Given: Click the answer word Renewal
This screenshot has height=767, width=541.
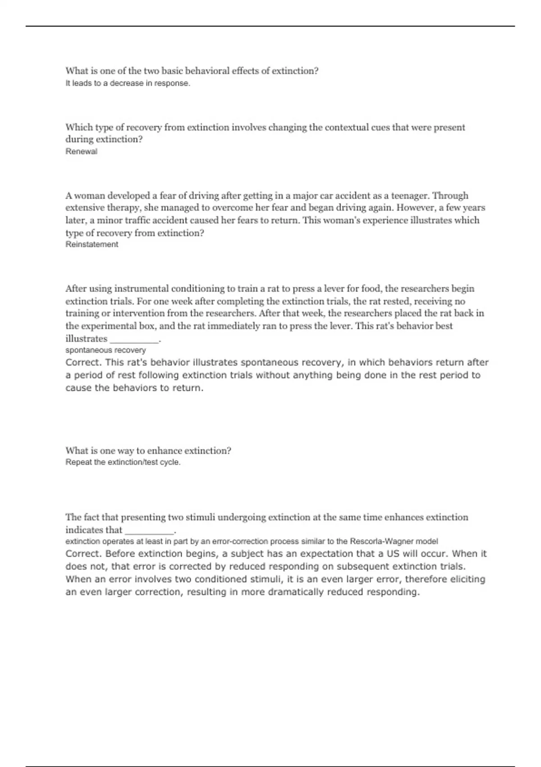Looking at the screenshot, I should click(x=81, y=152).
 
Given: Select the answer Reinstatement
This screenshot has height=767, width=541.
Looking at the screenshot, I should click(x=92, y=245).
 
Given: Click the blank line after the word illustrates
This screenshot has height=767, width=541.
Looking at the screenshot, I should click(x=134, y=339).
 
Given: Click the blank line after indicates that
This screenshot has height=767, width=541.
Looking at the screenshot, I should click(x=149, y=531).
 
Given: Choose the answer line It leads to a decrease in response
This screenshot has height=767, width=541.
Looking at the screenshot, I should click(x=128, y=83).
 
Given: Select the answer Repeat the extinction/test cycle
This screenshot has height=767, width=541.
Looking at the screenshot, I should click(x=123, y=462).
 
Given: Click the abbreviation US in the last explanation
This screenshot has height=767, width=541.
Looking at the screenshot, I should click(x=393, y=554).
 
